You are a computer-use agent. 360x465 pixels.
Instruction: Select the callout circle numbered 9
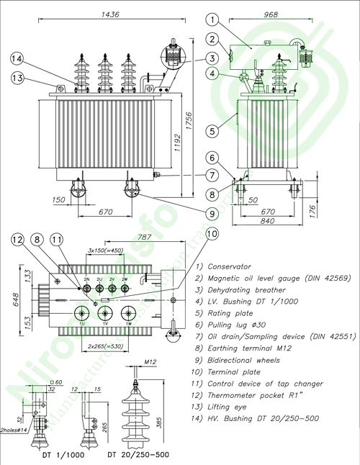(212, 213)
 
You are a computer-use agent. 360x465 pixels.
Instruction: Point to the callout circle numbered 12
(17, 240)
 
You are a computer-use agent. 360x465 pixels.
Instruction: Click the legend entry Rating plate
(232, 314)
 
